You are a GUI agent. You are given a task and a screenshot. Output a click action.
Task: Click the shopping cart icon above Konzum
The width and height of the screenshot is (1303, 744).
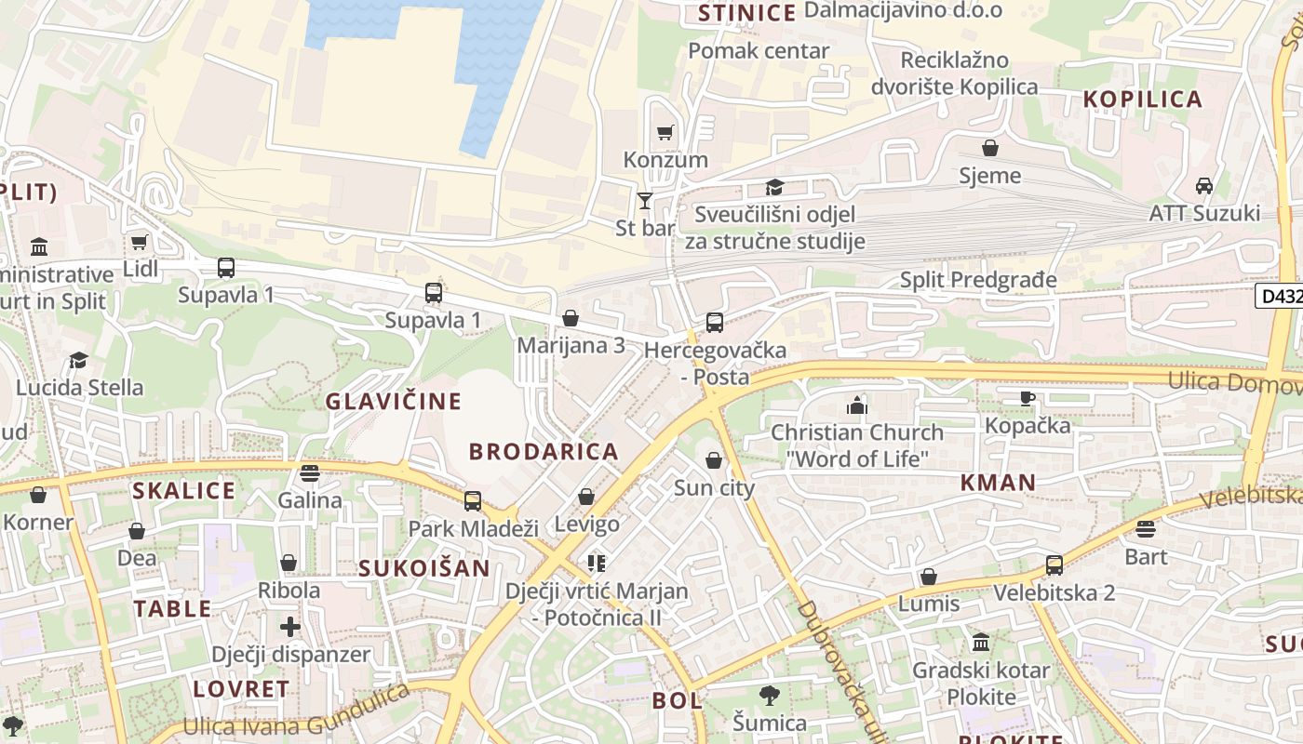click(665, 133)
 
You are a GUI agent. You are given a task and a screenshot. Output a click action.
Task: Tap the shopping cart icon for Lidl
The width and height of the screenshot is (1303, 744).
click(140, 243)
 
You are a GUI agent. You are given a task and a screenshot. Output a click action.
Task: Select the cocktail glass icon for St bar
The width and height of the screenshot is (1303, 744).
click(644, 200)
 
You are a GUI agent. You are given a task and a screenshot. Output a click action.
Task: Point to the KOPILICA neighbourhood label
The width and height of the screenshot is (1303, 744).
click(1143, 100)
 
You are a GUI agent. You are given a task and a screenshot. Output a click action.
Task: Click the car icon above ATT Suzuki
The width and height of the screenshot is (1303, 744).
click(1203, 186)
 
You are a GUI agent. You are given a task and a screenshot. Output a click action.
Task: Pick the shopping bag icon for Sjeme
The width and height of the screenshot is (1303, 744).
click(989, 148)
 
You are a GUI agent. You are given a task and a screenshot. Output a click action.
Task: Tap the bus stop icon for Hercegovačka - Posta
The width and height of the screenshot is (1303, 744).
click(714, 323)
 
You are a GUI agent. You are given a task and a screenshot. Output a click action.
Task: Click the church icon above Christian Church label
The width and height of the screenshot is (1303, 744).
click(856, 405)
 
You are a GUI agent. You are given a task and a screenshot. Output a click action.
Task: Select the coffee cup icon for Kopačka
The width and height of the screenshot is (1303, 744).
click(1027, 398)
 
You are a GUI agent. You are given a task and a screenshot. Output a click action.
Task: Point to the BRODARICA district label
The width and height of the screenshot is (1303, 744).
click(544, 452)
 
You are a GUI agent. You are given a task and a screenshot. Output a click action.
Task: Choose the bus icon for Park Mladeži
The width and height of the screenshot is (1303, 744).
click(473, 501)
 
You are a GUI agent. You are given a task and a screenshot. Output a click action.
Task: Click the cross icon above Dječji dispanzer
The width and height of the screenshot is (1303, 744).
click(290, 627)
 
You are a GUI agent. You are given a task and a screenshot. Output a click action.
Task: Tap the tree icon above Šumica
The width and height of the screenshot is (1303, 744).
click(769, 695)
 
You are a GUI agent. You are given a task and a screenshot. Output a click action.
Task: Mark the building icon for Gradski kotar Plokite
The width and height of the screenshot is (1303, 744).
click(980, 643)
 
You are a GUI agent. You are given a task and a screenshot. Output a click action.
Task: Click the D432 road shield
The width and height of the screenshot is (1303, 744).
click(1279, 297)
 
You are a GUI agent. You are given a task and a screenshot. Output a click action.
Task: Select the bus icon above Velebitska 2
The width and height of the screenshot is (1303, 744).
click(1054, 565)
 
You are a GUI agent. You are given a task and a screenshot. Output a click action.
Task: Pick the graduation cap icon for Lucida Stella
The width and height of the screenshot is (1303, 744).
click(79, 360)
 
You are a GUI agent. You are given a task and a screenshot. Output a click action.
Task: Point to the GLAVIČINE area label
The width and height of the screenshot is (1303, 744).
click(393, 402)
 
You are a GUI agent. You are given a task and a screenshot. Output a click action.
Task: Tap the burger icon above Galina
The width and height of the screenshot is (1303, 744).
click(310, 472)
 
